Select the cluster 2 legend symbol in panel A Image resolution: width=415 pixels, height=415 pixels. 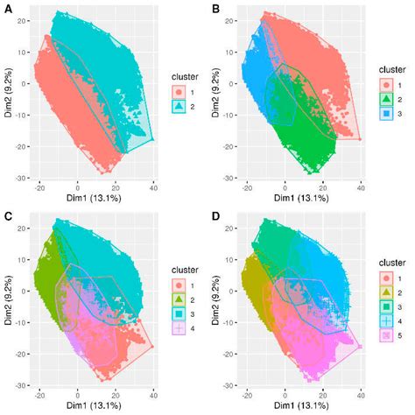[x=179, y=106]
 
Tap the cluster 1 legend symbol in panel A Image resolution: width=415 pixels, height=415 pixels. [x=179, y=91]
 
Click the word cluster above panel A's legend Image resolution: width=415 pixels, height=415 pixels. [x=185, y=75]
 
